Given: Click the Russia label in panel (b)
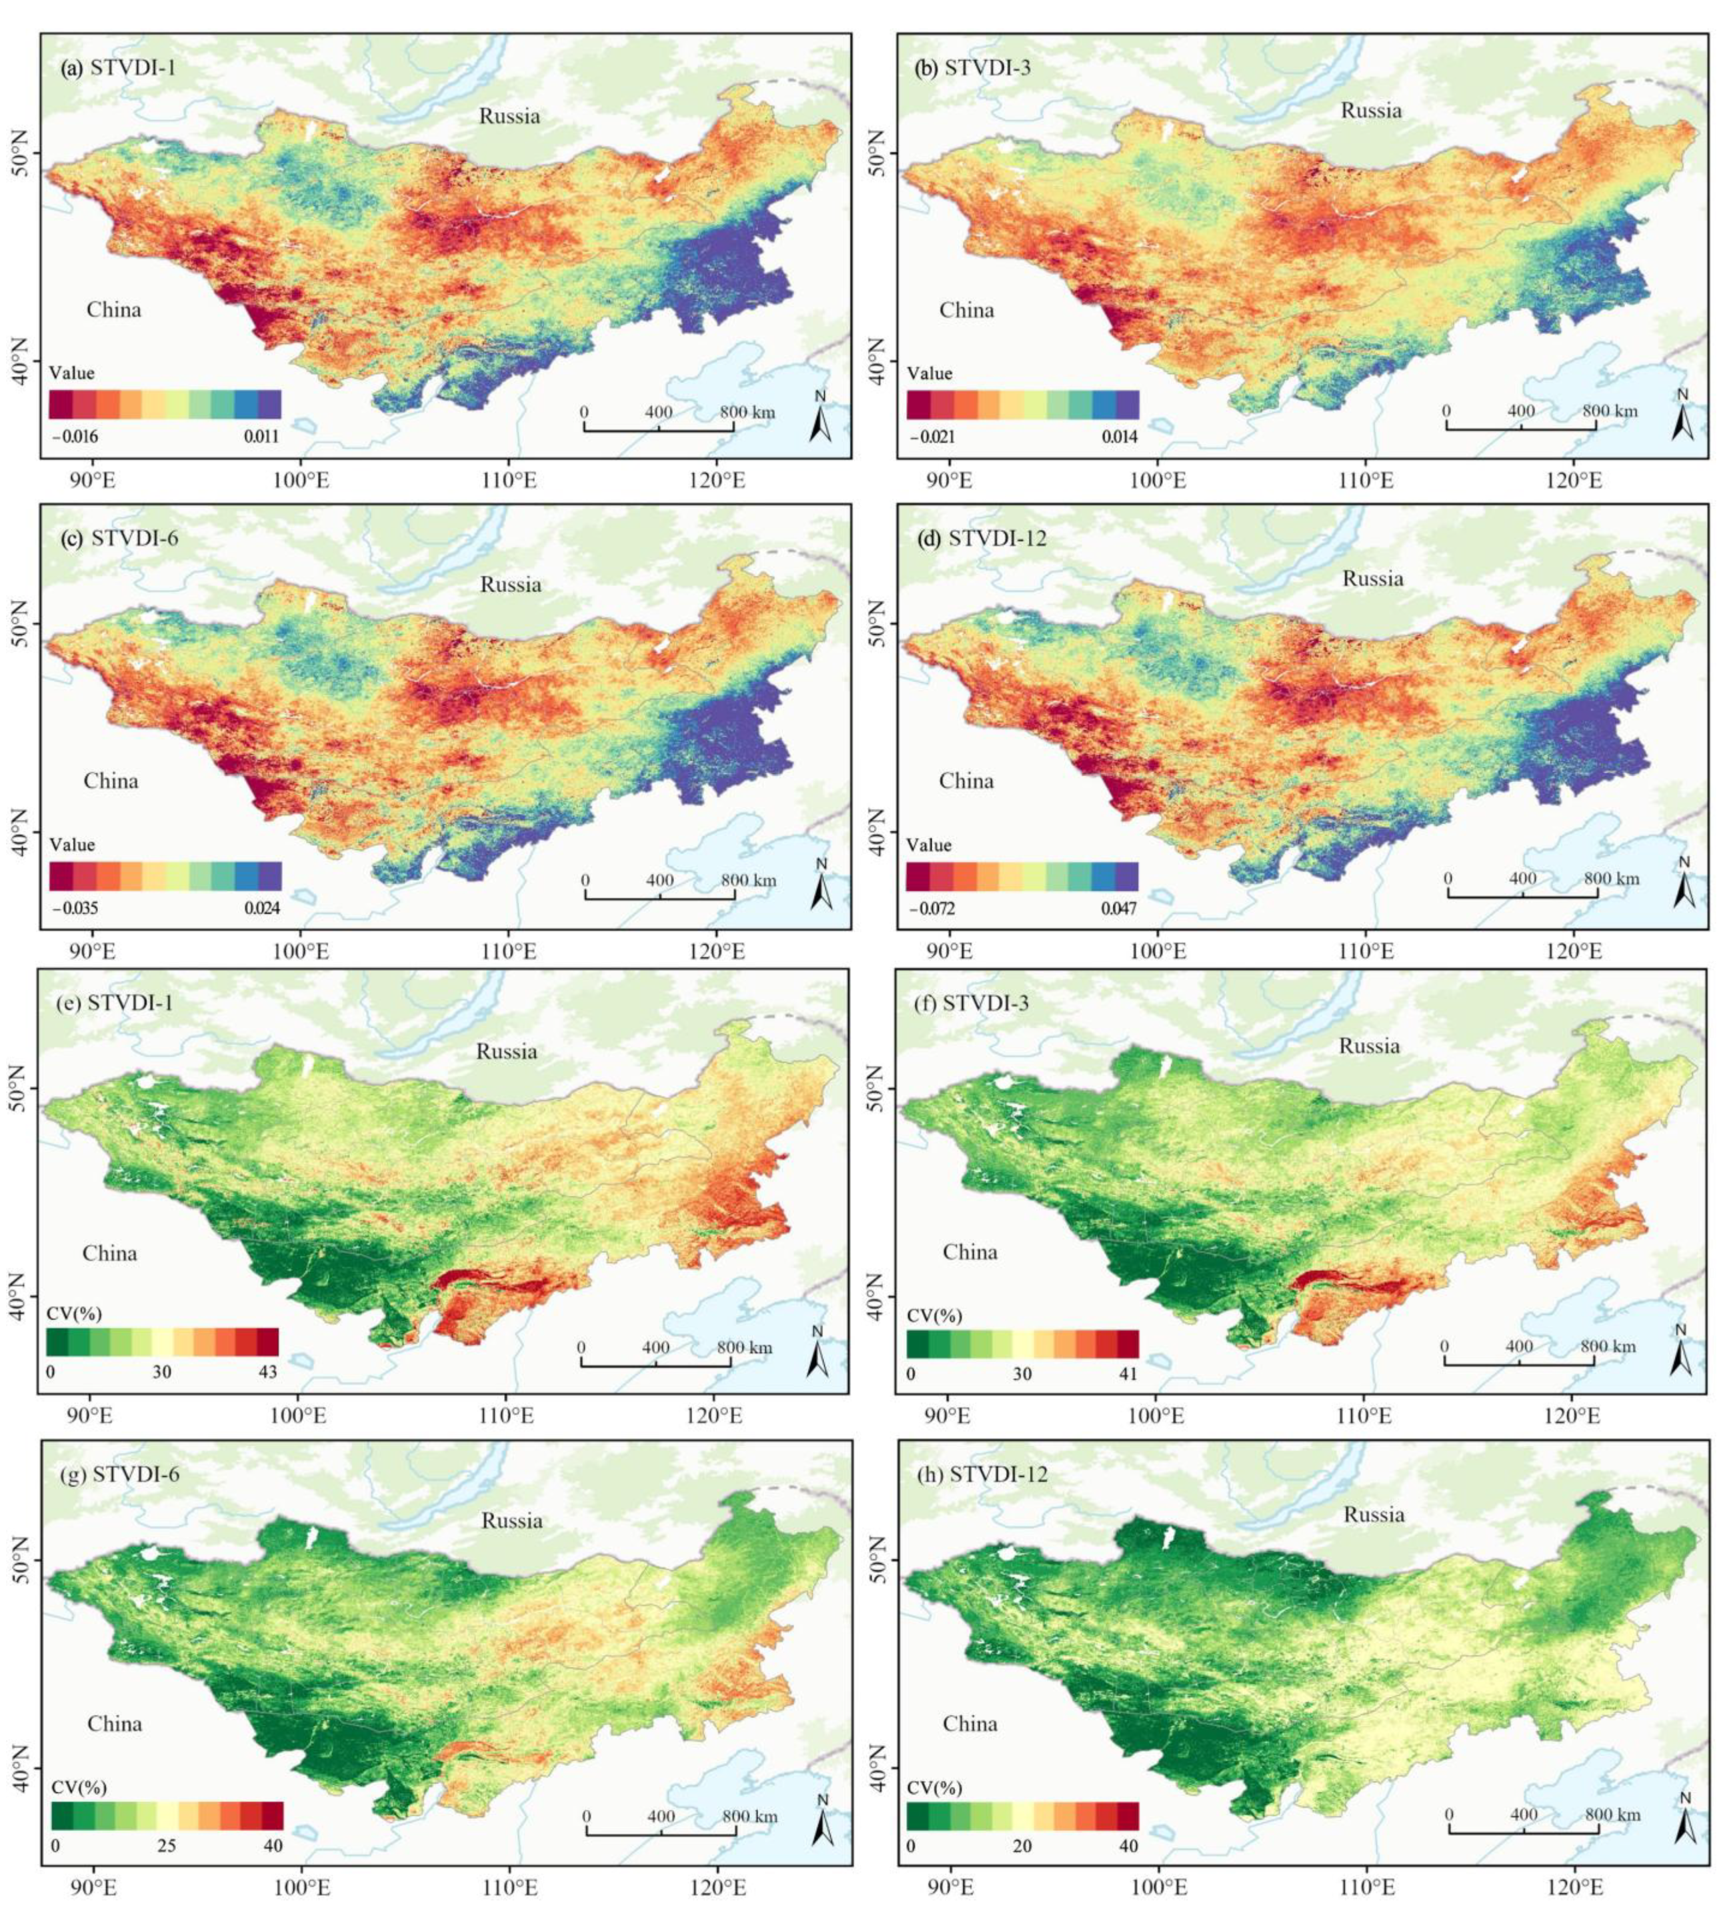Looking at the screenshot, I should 1371,111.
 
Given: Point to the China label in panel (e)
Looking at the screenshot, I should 109,1253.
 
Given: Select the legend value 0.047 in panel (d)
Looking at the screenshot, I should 1119,908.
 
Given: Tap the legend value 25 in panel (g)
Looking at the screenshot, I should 167,1846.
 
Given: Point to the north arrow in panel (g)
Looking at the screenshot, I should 823,1824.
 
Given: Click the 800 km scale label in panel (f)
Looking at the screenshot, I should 1609,1346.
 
